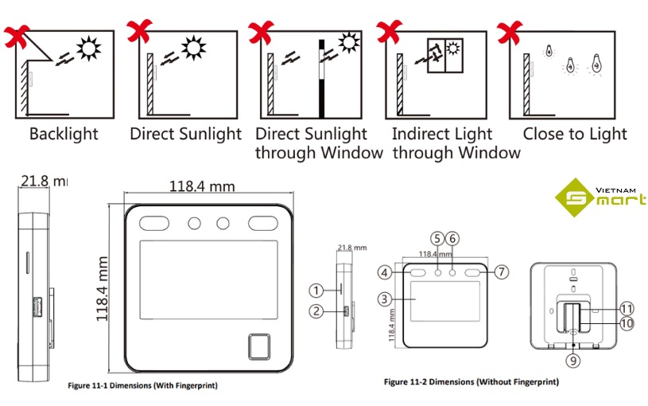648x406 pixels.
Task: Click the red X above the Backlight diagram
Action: click(17, 35)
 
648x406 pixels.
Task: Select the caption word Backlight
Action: click(64, 134)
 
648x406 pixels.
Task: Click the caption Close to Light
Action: click(575, 134)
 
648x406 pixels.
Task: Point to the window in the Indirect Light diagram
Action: click(444, 55)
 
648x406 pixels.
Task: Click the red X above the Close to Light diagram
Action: click(510, 33)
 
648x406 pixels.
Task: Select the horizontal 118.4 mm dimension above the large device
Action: click(202, 186)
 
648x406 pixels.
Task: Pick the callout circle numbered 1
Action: click(316, 291)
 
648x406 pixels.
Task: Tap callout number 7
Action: click(501, 272)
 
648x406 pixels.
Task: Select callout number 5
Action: click(437, 238)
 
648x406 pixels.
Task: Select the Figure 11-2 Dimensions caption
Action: click(471, 382)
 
